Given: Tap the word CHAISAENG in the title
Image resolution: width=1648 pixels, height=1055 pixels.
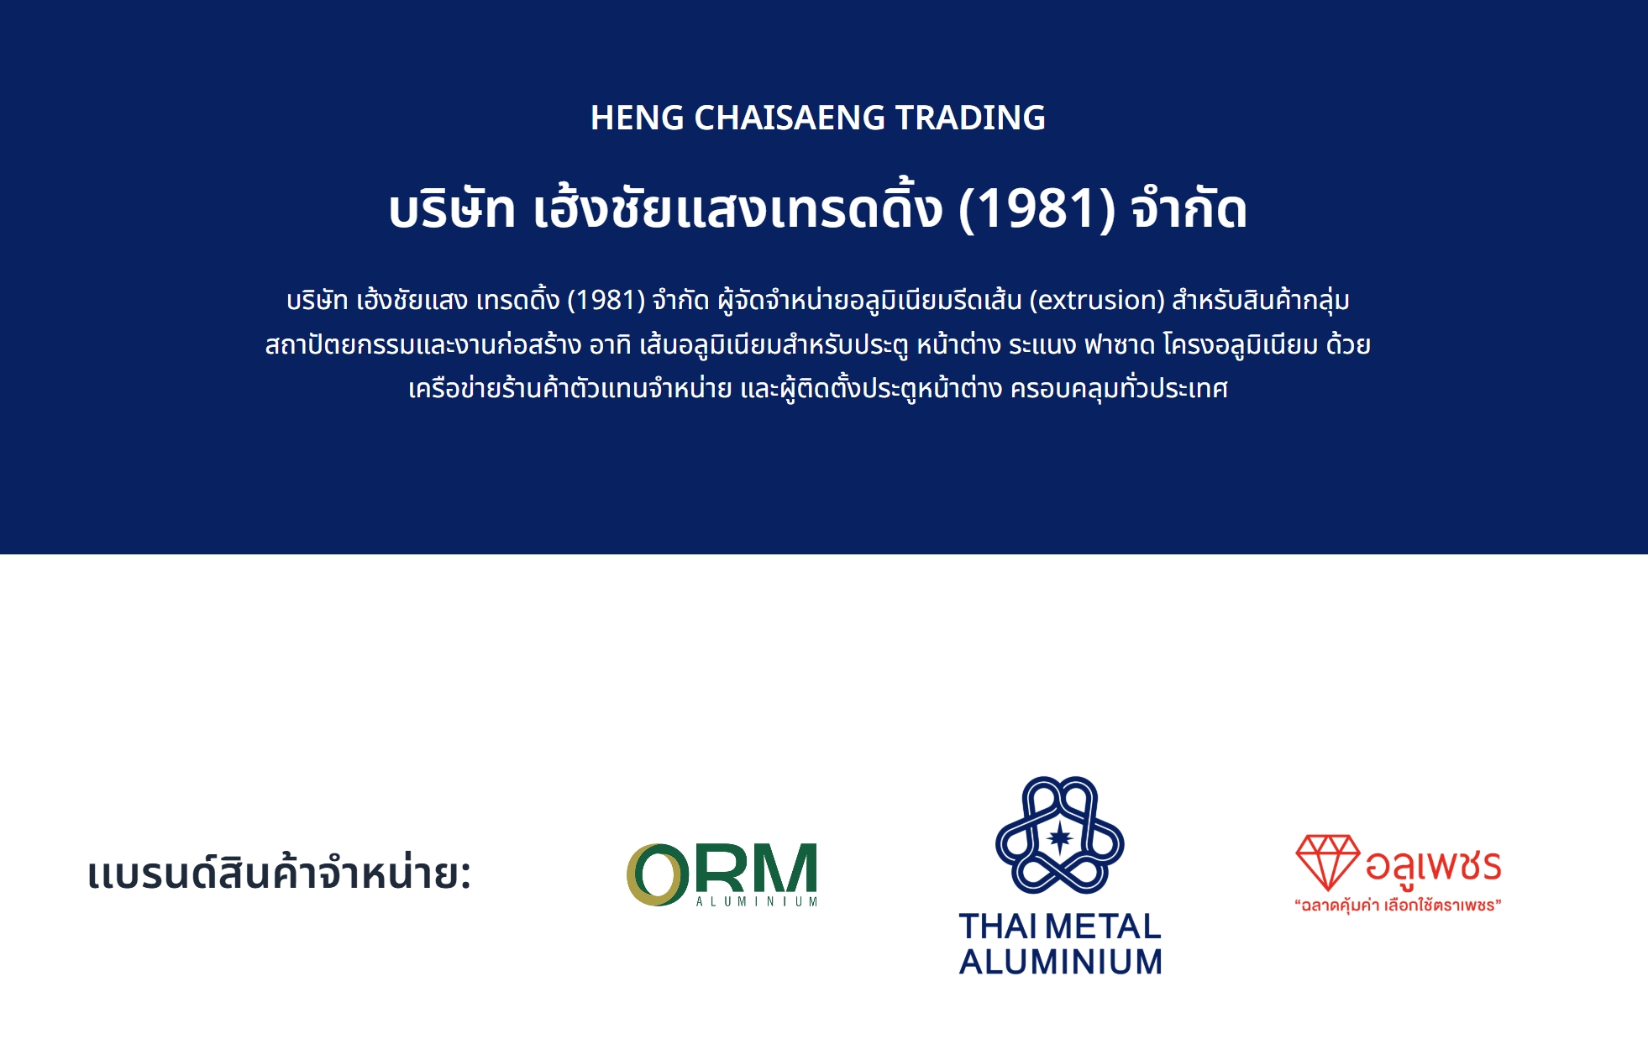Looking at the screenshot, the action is click(x=790, y=118).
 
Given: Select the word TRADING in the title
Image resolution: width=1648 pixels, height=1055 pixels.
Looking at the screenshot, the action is click(x=970, y=118).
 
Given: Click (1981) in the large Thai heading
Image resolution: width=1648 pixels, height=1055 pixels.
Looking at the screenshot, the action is click(x=1037, y=208).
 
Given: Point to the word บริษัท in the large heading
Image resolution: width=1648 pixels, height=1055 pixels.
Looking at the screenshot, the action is click(x=451, y=208).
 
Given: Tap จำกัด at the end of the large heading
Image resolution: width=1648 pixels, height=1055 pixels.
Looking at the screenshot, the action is click(x=1189, y=208).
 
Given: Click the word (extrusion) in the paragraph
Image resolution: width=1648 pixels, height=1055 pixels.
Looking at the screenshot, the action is click(x=1097, y=300).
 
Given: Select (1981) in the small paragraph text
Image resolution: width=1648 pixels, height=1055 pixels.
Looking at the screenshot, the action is click(x=606, y=300).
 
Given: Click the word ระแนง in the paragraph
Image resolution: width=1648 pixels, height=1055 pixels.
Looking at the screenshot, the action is click(x=1042, y=344).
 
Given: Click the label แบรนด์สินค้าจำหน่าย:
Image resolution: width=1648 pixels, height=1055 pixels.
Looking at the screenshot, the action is click(x=279, y=874).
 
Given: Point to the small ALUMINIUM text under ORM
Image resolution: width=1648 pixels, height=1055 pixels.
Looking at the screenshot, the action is click(x=757, y=901).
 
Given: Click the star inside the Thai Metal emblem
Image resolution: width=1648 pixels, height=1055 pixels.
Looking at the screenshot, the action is click(x=1060, y=837).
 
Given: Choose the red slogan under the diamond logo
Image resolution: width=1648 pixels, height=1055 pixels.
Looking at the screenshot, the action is click(x=1398, y=905).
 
